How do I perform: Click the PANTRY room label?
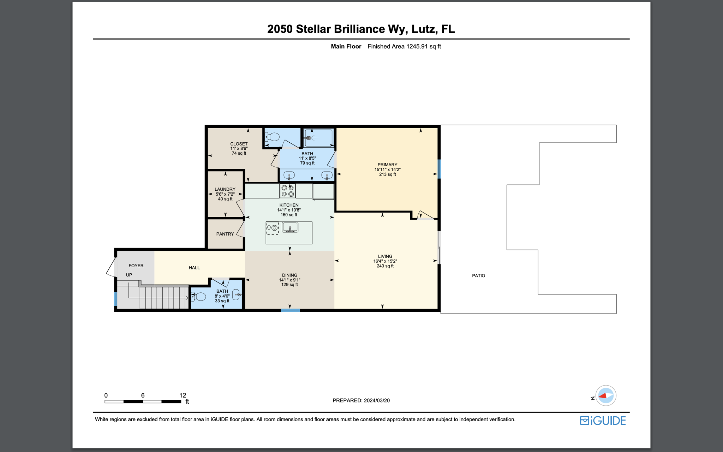(225, 234)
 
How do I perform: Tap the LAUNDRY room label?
(225, 189)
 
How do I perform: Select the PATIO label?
(478, 276)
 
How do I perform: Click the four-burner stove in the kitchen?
(288, 191)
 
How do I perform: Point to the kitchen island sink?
(290, 227)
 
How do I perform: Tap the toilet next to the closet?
(272, 137)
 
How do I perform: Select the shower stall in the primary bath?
(318, 138)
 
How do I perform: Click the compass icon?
(606, 395)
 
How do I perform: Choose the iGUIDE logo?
(603, 421)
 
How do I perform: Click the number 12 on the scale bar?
(183, 395)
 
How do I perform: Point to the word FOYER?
(136, 266)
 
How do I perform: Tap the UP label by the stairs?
(129, 275)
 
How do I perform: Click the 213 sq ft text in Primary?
(388, 174)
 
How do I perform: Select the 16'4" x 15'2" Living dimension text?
(385, 261)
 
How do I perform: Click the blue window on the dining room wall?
(291, 310)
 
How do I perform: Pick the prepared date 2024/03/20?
(377, 400)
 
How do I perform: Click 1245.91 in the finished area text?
(417, 46)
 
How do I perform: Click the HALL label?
(194, 268)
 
